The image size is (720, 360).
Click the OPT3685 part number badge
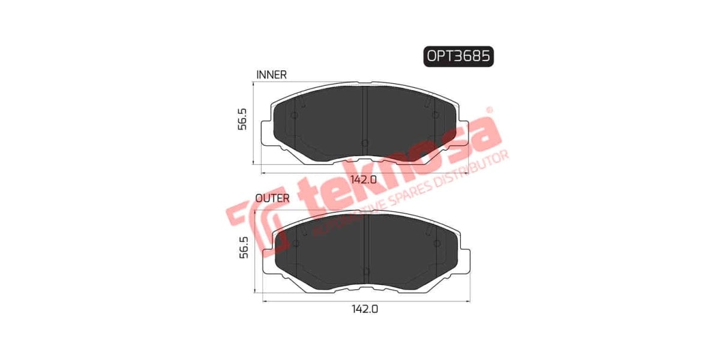point(459,56)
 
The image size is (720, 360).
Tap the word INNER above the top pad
point(271,75)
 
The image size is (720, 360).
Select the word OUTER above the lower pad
point(272,197)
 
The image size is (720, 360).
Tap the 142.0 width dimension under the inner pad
point(364,179)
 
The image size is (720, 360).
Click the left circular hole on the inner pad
point(294,116)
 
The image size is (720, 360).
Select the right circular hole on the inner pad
point(436,116)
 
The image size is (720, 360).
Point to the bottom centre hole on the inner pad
point(365,143)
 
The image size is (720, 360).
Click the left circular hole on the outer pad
point(296,243)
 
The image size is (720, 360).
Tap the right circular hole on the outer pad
point(436,243)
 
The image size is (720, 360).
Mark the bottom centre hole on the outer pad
point(366,271)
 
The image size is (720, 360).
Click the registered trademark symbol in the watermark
point(489,110)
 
